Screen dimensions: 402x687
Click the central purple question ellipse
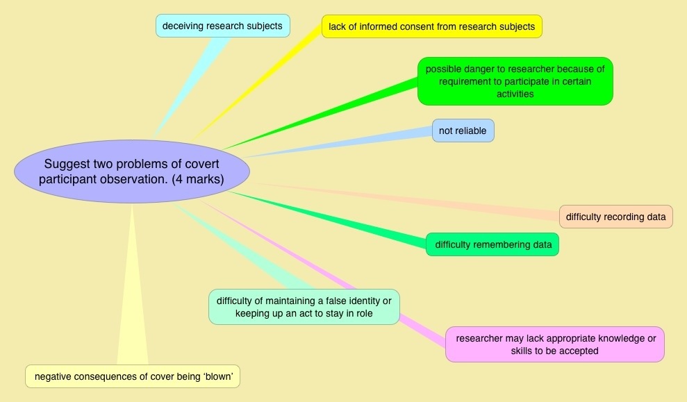(x=132, y=171)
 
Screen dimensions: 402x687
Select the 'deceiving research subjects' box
(x=222, y=26)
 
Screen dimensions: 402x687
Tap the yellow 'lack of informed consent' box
(x=431, y=26)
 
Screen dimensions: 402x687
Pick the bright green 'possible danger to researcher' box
(x=515, y=81)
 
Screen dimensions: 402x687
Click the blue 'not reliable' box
(x=463, y=131)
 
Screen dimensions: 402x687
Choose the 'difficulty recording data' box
(x=615, y=217)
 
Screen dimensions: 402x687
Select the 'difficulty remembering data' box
(x=493, y=244)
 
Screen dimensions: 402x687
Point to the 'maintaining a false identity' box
(x=304, y=307)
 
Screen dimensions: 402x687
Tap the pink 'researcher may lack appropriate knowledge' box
(x=554, y=344)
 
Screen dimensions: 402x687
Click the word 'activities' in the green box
(x=515, y=94)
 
